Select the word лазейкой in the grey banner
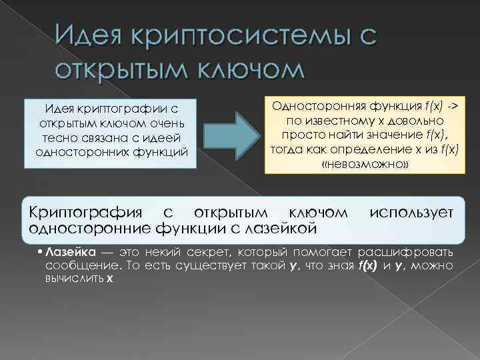(279, 229)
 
